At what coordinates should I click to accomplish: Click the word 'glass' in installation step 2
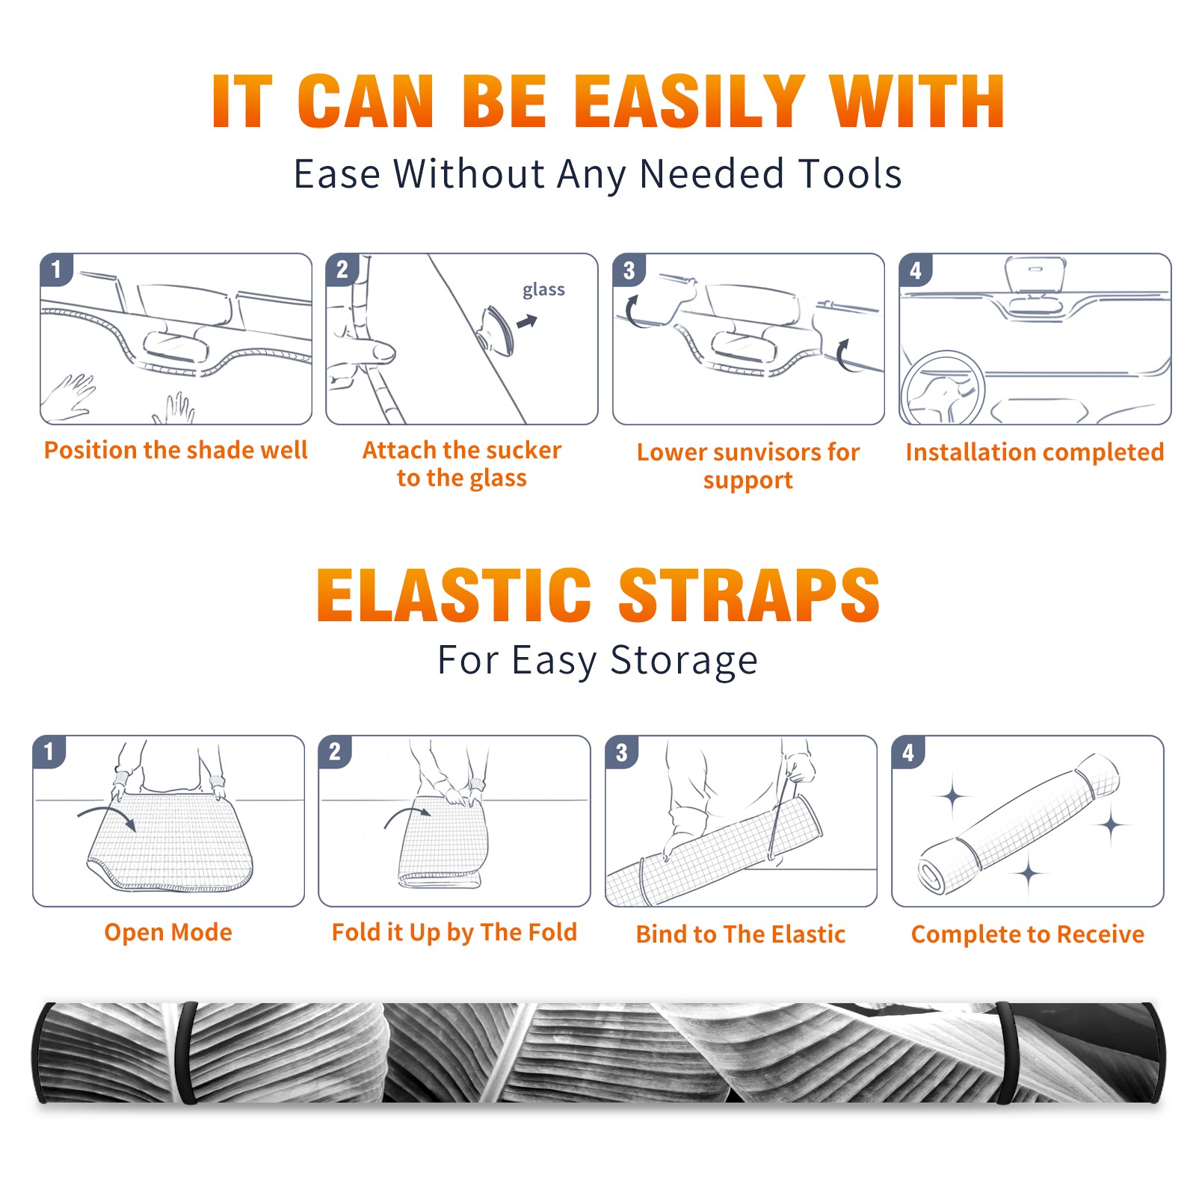coord(543,290)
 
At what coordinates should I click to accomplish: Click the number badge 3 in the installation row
coord(629,270)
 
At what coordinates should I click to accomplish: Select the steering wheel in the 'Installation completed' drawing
coord(943,389)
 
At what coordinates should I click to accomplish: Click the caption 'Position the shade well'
coord(176,450)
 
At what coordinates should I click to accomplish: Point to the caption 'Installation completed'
coord(1035,452)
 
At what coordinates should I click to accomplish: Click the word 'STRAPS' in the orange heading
coord(749,595)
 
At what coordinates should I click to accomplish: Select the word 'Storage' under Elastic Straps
coord(684,662)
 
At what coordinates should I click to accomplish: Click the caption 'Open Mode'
coord(168,932)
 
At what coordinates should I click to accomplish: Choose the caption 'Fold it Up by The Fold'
coord(454,933)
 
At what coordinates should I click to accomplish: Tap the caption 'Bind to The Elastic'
coord(741,934)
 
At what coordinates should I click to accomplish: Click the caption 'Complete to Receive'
coord(1028,934)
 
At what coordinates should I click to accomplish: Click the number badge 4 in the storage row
coord(908,752)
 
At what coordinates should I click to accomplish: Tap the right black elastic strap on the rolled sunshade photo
coord(1006,1053)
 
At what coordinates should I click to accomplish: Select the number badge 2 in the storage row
coord(334,752)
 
